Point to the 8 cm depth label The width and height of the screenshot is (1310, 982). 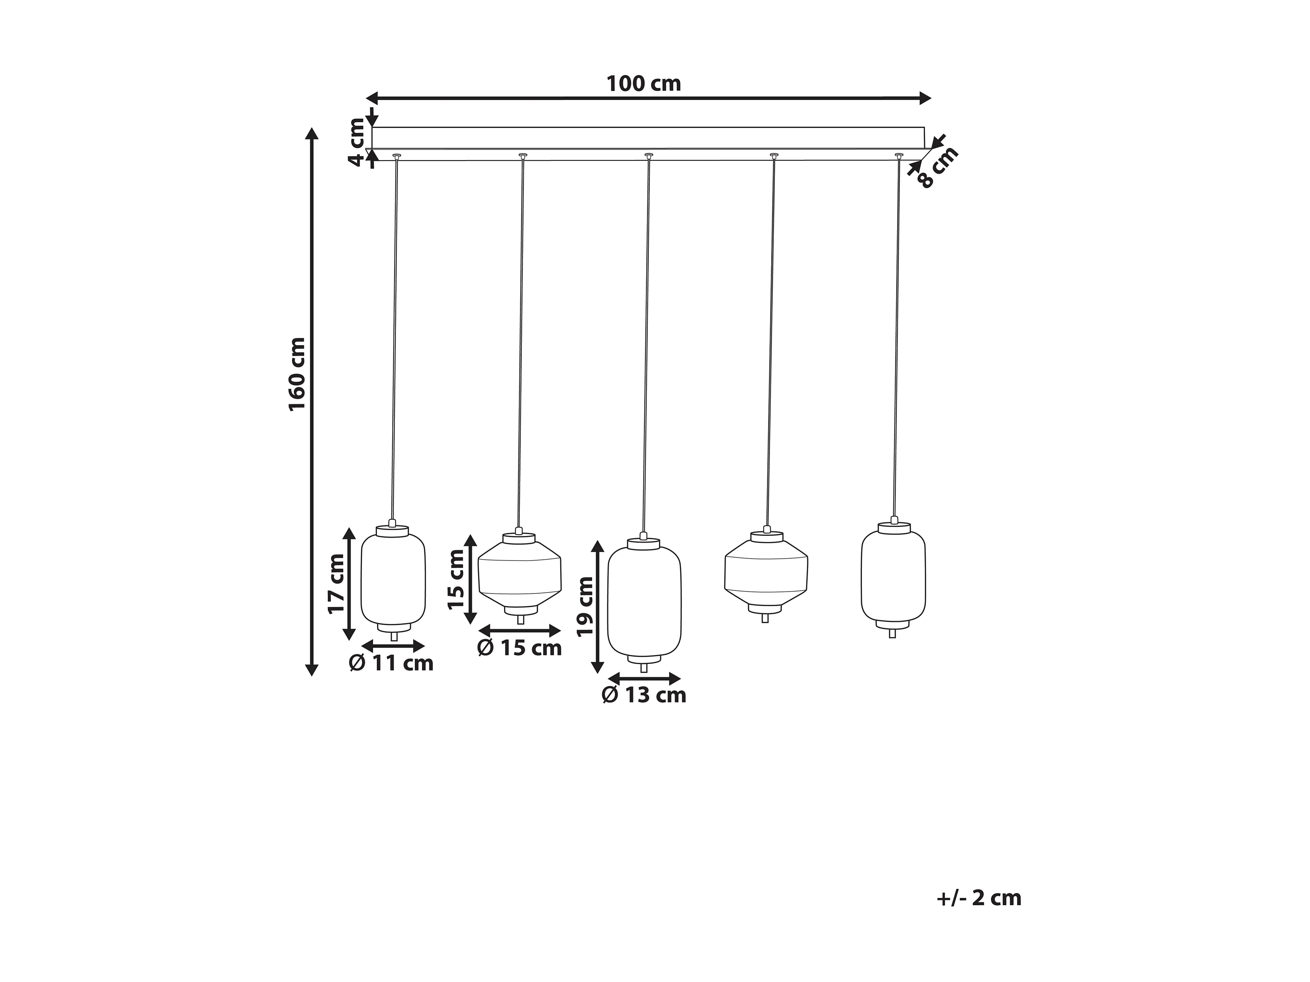[938, 167]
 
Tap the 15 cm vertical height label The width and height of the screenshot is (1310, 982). [456, 579]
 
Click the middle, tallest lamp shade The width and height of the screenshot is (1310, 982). [644, 600]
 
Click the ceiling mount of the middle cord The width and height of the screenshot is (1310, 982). [649, 155]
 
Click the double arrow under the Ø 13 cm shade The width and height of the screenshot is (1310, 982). [644, 678]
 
